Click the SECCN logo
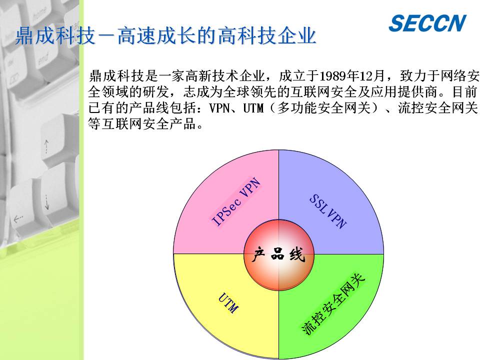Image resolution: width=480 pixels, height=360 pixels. (427, 23)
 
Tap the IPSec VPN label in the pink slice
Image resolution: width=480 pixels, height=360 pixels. (236, 201)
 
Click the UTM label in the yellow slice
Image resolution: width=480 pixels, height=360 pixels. (228, 303)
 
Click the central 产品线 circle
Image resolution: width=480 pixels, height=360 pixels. (279, 254)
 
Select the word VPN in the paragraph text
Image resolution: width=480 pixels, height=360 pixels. (219, 108)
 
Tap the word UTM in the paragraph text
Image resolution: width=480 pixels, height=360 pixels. (253, 108)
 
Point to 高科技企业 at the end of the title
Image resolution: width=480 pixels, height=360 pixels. (267, 36)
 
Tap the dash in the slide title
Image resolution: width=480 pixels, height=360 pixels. (105, 36)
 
